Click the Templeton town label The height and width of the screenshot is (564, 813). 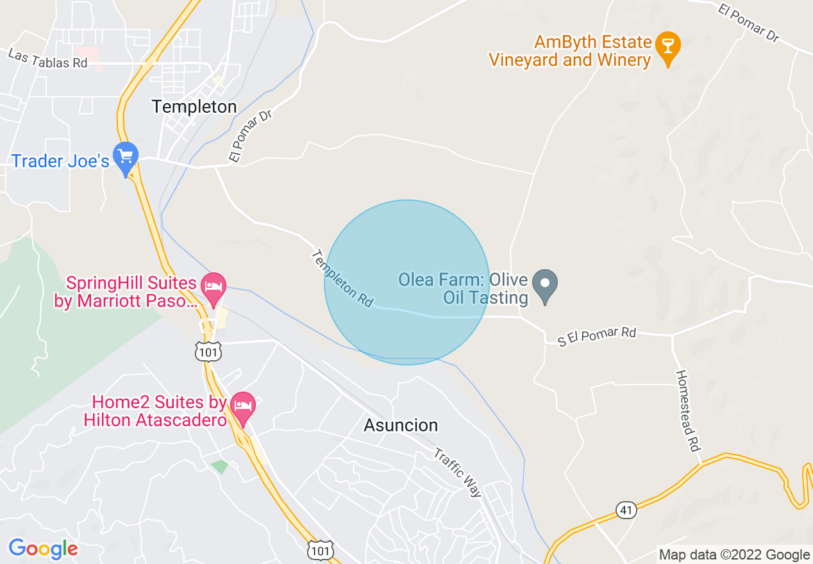194,106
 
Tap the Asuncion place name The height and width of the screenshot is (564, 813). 401,425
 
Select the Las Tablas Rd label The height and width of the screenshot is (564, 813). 48,58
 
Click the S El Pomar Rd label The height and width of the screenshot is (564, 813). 596,336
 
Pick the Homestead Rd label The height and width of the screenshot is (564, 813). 687,411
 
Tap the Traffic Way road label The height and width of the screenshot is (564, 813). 458,472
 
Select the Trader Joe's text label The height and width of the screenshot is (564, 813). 60,160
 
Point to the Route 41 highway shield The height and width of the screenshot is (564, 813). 626,510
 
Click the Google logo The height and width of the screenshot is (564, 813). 43,549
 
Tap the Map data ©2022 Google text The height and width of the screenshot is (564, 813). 734,555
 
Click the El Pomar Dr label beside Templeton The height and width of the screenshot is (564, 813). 250,135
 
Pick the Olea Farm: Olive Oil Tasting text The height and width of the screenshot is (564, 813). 463,289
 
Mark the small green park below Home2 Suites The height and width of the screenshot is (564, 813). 220,467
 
